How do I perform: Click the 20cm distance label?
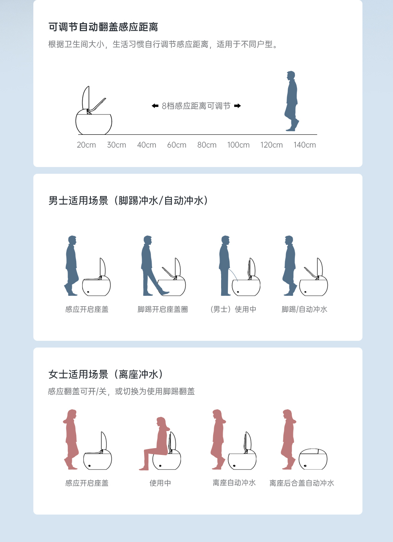coord(86,145)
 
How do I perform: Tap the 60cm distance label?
coord(177,145)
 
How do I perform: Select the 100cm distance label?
coord(238,145)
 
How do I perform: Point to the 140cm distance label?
coord(304,145)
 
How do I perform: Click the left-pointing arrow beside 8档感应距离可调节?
coord(155,106)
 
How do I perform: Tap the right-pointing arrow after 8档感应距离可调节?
coord(237,106)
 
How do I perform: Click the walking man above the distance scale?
coord(292,101)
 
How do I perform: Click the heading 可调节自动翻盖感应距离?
coord(103,27)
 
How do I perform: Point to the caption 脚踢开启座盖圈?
coord(163,309)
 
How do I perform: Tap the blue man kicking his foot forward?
coord(153,266)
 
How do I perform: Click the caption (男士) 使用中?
coord(233,309)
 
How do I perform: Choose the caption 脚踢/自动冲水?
coord(304,309)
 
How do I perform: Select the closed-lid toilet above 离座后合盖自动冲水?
coord(313,459)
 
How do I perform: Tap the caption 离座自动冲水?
coord(234,483)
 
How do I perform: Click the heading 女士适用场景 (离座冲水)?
coord(106,374)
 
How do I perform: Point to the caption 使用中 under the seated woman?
coord(160,483)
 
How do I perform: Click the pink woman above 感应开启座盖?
coord(71,439)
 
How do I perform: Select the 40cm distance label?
coord(146,145)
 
